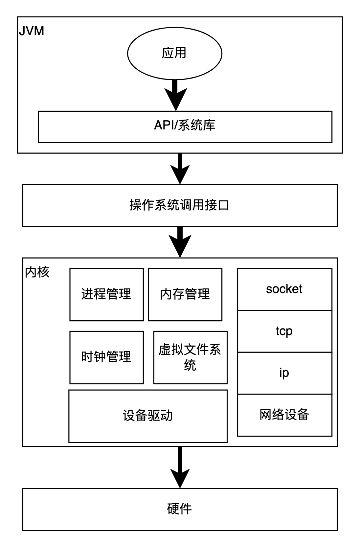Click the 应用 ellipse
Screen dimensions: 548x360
pos(174,53)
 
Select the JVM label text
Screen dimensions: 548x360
pos(32,31)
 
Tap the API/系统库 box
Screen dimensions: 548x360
pos(185,127)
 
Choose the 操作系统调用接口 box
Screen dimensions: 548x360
pos(180,205)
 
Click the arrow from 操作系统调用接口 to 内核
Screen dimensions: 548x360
pos(180,242)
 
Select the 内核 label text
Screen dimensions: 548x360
pos(37,272)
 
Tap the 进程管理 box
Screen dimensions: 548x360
pos(106,294)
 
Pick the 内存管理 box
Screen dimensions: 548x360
pos(185,294)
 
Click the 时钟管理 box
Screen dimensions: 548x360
pos(106,357)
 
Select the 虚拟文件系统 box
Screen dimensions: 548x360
pos(190,357)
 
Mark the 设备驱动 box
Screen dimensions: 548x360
pos(148,416)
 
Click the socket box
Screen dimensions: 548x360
pos(284,289)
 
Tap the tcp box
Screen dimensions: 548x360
pos(284,331)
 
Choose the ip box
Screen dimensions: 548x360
pos(284,373)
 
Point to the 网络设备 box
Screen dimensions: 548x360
pos(284,415)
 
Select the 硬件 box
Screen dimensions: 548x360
pos(180,509)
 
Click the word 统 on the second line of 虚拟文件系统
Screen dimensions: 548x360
pos(190,365)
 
